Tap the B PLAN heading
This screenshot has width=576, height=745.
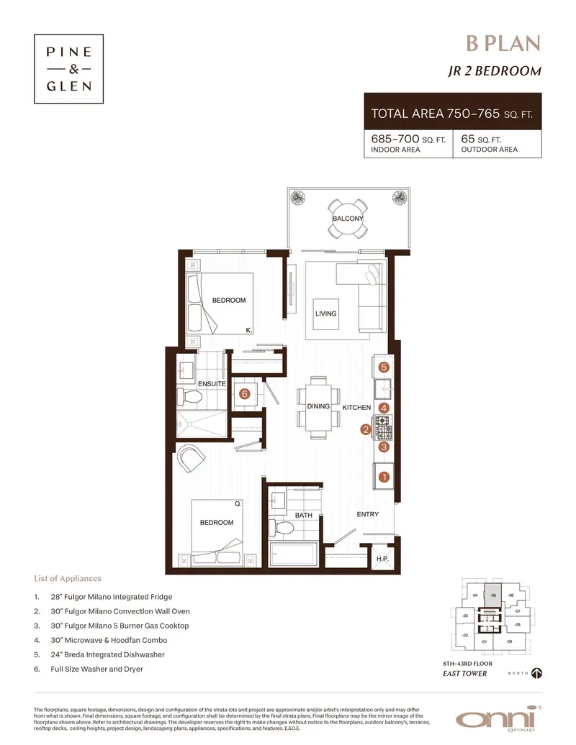503,44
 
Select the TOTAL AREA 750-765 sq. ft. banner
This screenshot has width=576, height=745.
453,113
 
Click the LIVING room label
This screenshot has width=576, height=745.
325,314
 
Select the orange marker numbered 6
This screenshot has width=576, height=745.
245,394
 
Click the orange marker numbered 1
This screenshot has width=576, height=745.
384,476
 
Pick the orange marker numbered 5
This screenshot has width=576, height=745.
384,367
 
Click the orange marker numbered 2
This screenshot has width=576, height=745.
366,430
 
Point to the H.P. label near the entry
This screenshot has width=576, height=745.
382,559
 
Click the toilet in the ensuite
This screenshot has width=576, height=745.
192,396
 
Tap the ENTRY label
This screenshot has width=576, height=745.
367,514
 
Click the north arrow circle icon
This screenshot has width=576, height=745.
536,673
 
